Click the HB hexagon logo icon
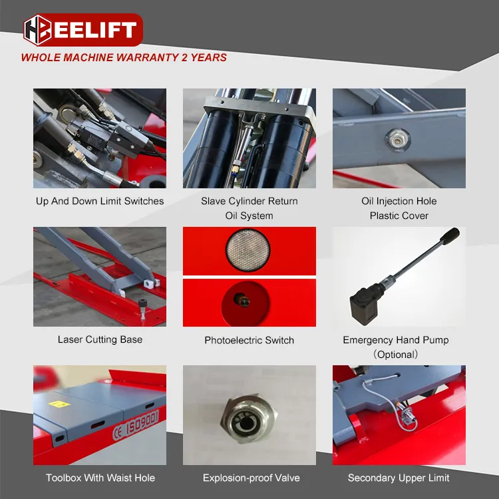click(x=37, y=30)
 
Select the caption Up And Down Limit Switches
click(x=100, y=201)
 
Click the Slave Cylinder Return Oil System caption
click(x=249, y=208)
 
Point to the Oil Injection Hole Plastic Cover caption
click(x=399, y=208)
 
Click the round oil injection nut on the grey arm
click(x=397, y=140)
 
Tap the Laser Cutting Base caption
click(x=100, y=339)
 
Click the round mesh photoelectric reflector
click(x=248, y=250)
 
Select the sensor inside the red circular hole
click(x=242, y=300)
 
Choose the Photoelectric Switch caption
click(x=249, y=340)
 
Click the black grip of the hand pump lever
click(x=450, y=236)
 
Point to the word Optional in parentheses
click(x=396, y=355)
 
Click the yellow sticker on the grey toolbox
click(x=59, y=404)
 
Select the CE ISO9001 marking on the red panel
click(x=136, y=424)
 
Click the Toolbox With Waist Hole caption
click(x=100, y=478)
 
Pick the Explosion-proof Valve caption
click(x=251, y=478)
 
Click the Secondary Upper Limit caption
click(x=399, y=478)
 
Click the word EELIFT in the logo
click(x=94, y=30)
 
